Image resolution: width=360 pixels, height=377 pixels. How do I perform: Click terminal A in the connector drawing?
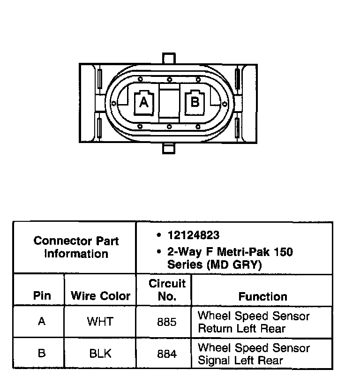(144, 102)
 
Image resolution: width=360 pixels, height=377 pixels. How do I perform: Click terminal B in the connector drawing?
(195, 101)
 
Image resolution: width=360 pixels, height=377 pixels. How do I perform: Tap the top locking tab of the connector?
(168, 58)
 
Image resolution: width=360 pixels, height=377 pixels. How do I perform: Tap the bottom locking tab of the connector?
(168, 149)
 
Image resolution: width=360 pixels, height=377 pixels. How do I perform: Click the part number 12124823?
(193, 235)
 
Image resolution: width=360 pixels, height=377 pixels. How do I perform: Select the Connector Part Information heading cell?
(76, 247)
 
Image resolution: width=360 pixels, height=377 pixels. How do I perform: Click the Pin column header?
(42, 296)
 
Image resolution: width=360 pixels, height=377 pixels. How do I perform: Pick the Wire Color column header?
(100, 296)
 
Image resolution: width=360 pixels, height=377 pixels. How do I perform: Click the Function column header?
(262, 296)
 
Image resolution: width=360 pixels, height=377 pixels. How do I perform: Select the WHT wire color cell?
(100, 322)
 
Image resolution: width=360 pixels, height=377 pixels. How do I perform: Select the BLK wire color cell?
(100, 354)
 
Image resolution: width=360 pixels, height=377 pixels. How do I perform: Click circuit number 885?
(167, 322)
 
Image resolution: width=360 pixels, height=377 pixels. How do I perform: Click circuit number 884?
(167, 354)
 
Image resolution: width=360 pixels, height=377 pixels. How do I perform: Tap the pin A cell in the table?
(42, 322)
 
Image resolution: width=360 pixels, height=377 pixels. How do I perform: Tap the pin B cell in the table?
(42, 354)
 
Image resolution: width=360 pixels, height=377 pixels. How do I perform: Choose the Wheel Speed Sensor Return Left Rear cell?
(254, 322)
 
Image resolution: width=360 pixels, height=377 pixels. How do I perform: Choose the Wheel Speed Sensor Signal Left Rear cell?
(254, 354)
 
